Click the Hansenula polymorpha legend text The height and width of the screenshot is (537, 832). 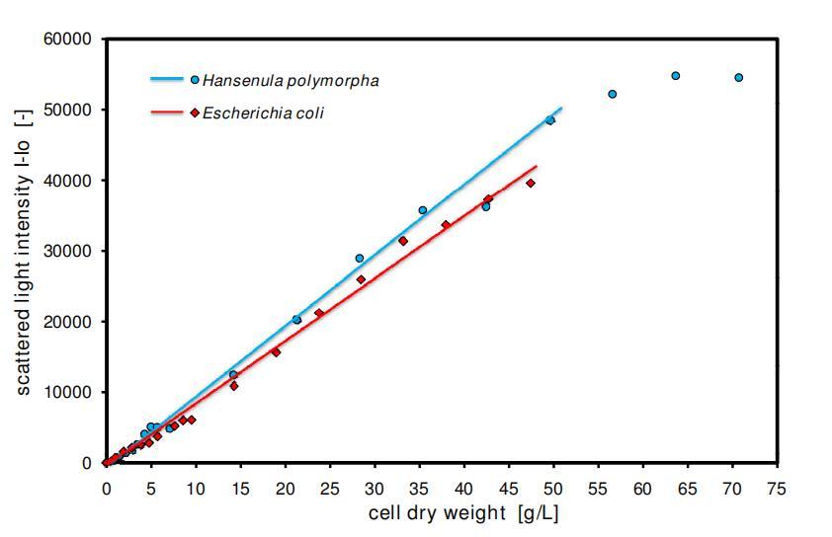[x=291, y=80]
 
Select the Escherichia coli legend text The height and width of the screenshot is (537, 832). [x=263, y=113]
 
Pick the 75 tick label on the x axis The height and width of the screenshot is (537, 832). [x=777, y=487]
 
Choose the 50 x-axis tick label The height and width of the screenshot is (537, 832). [x=553, y=487]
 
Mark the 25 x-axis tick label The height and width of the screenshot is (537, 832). [x=330, y=487]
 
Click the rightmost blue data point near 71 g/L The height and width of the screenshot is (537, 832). [x=738, y=77]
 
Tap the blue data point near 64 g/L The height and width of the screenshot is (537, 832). [x=676, y=75]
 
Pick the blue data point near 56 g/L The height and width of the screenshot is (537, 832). [x=613, y=94]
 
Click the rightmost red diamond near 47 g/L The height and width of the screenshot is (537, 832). [x=531, y=183]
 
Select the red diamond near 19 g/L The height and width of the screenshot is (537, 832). [x=276, y=351]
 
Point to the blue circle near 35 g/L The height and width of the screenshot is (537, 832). [x=423, y=210]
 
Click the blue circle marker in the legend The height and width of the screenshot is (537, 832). [x=195, y=80]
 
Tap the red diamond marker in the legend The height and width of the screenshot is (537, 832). [x=195, y=113]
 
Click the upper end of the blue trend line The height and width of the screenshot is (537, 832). [x=561, y=108]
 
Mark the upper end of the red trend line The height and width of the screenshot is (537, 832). [x=537, y=166]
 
